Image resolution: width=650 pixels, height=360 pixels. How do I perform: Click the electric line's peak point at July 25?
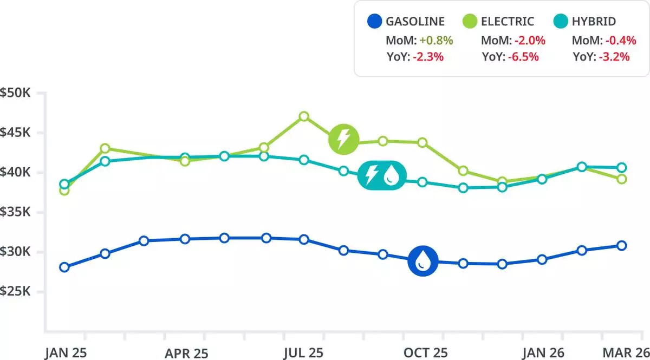304,116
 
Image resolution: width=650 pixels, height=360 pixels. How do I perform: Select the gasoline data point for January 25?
64,267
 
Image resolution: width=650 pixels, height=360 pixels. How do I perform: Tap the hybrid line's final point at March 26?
621,167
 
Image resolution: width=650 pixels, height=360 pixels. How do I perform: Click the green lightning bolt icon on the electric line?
343,139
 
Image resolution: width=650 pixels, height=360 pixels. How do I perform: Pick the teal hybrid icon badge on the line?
381,175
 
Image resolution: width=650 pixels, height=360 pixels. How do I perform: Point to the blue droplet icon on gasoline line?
423,261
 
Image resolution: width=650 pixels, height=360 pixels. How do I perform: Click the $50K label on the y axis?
17,93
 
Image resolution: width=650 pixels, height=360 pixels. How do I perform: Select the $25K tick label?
17,292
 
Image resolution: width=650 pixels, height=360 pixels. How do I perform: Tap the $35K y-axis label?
17,212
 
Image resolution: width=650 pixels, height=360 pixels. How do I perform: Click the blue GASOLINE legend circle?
375,22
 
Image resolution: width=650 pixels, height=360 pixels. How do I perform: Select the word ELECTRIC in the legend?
507,22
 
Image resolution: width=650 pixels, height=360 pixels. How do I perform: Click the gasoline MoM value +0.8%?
436,40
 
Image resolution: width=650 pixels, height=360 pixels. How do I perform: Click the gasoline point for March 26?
621,245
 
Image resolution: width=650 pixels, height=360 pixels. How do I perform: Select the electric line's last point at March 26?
621,179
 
